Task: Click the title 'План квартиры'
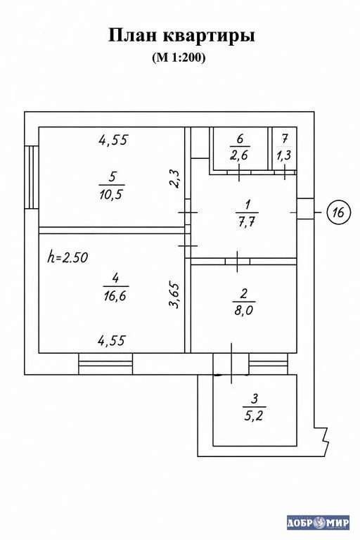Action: point(181,36)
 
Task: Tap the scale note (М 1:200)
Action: point(179,57)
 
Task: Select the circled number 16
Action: point(338,212)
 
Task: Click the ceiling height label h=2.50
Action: point(67,257)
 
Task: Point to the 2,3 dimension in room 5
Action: point(175,179)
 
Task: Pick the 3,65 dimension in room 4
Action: point(174,295)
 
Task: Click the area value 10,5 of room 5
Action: point(111,195)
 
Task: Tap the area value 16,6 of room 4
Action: point(115,296)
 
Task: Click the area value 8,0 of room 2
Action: point(243,311)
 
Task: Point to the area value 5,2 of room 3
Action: point(254,416)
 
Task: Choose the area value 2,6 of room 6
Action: point(239,155)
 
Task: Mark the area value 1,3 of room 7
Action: point(284,155)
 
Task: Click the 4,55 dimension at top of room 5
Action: point(113,140)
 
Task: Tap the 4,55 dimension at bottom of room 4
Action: point(112,340)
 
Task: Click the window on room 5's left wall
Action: point(32,177)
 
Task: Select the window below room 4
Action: point(105,364)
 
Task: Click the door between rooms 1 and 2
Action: point(238,262)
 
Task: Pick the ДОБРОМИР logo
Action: point(318,523)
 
